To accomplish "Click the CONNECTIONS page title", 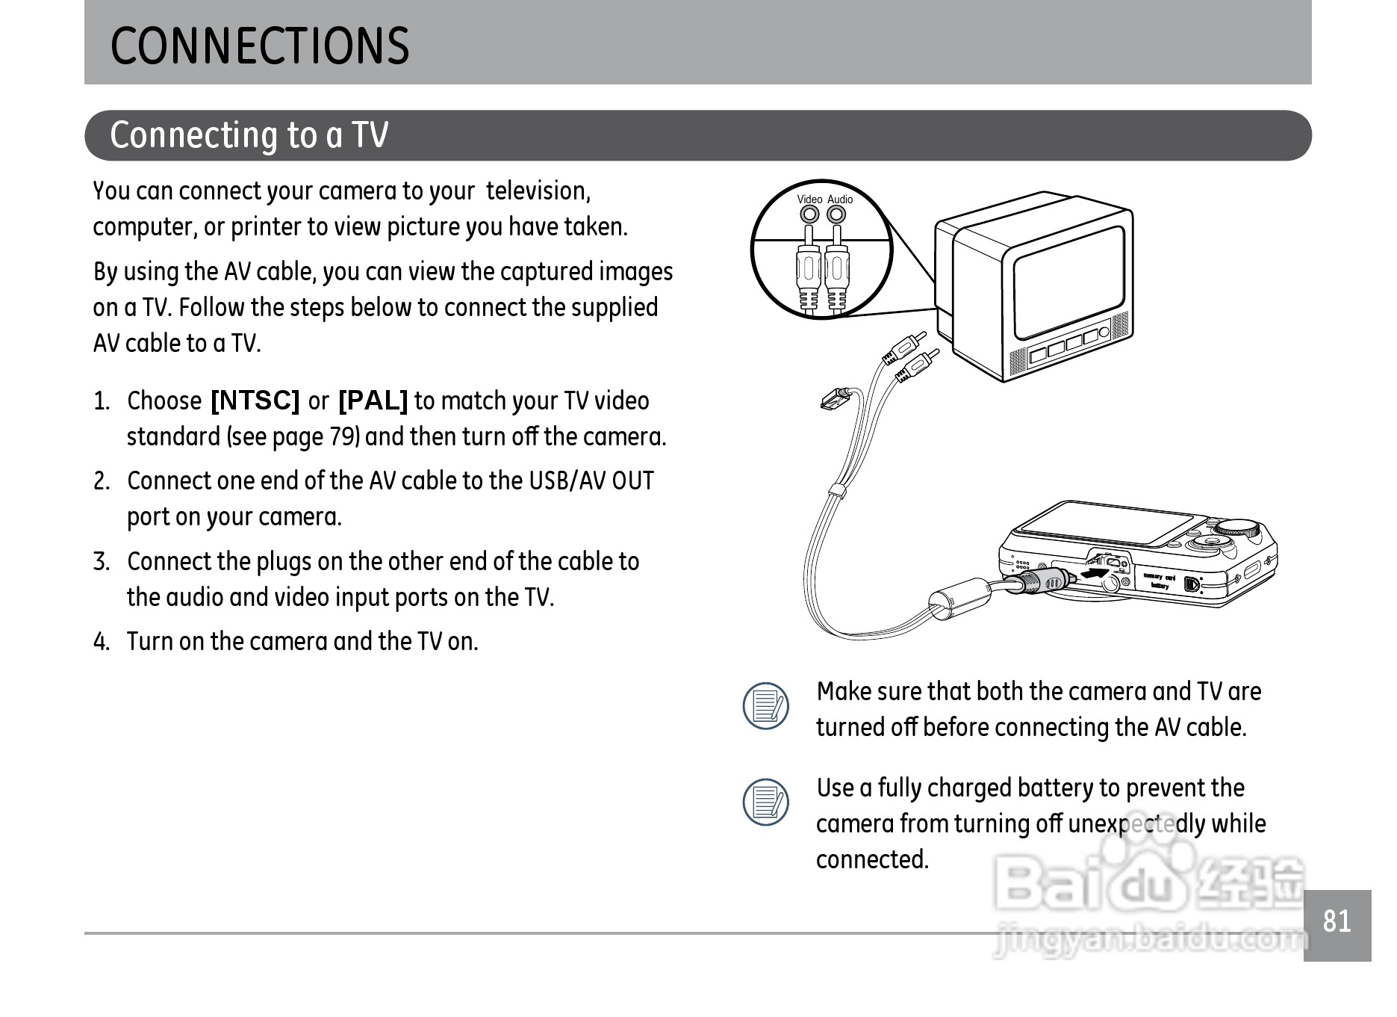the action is [259, 46].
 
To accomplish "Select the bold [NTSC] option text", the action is [255, 401].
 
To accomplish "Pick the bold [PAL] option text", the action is [373, 401].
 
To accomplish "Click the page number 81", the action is [1337, 922].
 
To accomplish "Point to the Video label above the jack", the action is [809, 200].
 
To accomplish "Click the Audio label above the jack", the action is [840, 200].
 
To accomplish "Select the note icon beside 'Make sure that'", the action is [766, 705].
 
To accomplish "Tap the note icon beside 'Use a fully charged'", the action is [766, 803].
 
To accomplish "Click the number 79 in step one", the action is [343, 437].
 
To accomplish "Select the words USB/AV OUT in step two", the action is [591, 481].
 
